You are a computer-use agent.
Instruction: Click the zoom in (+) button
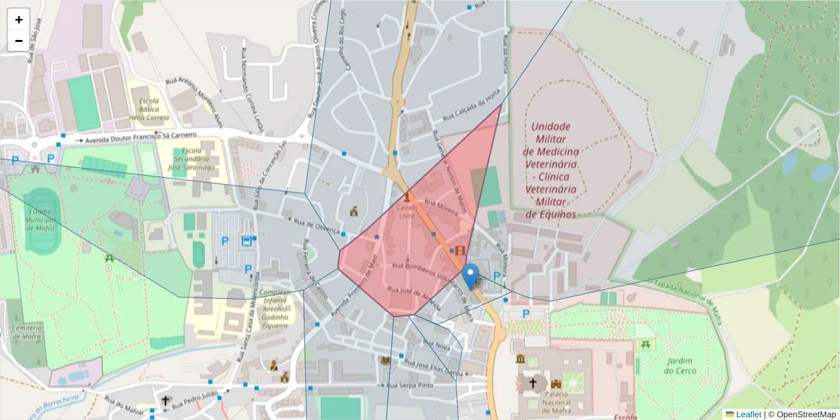pyautogui.click(x=19, y=20)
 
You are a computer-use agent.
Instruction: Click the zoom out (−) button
pyautogui.click(x=19, y=41)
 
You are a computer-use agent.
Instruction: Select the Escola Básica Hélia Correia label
pyautogui.click(x=149, y=108)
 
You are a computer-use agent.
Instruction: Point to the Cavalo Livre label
pyautogui.click(x=406, y=211)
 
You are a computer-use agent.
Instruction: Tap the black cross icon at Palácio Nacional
pyautogui.click(x=533, y=383)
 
